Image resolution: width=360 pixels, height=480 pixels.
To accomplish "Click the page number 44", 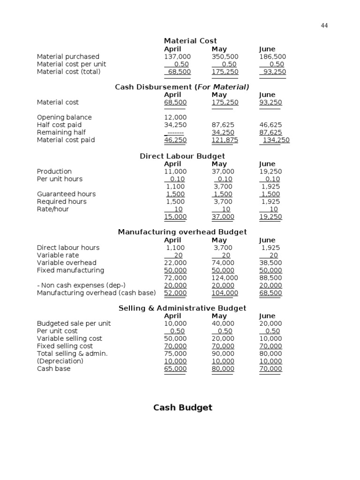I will [324, 26].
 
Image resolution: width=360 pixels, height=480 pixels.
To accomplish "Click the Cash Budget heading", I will [183, 407].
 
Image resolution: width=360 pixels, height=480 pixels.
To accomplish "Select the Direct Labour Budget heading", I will [182, 156].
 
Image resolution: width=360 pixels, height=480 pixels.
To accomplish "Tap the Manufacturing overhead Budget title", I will [182, 232].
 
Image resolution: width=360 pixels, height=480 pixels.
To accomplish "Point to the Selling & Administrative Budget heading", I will [182, 308].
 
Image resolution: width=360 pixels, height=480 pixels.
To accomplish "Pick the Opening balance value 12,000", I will [175, 117].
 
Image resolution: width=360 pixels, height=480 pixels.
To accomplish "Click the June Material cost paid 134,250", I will [276, 140].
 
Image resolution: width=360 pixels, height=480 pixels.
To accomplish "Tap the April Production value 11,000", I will [175, 172].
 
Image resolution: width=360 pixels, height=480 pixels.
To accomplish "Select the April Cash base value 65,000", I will [175, 369].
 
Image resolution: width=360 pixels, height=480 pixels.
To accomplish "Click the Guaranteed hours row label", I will [66, 194].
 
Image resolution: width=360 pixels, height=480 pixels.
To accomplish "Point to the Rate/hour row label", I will [53, 209].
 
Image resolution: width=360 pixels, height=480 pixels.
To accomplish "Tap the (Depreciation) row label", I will [60, 361].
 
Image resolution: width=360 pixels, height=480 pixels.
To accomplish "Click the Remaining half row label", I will [61, 132].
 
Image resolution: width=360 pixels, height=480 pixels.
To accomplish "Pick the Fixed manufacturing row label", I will [70, 270].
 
